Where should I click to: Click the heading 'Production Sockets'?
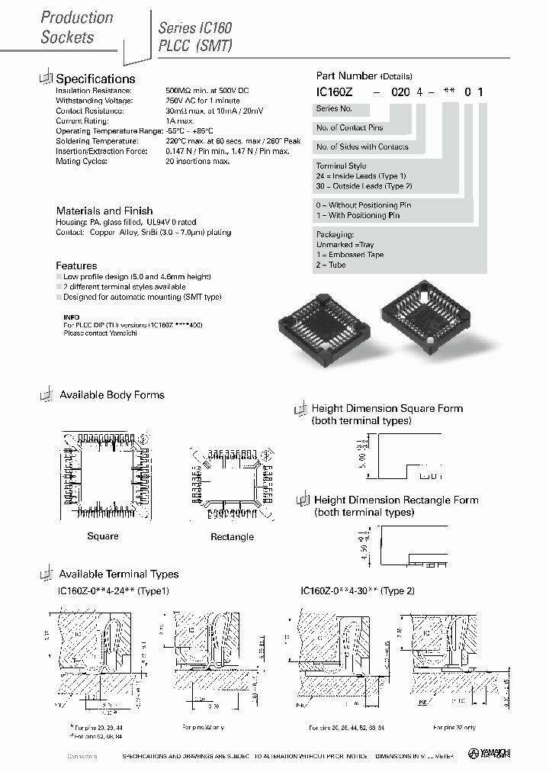[x=76, y=27]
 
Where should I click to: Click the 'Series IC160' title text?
[x=195, y=27]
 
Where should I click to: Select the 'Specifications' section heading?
[x=95, y=79]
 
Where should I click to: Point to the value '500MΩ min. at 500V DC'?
[x=207, y=91]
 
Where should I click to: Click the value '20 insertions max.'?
[x=197, y=162]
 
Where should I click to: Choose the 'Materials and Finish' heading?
[x=104, y=211]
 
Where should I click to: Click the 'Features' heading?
[x=76, y=265]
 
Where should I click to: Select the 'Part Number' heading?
[x=347, y=76]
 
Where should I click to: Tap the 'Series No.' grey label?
[x=333, y=109]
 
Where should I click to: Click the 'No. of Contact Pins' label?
[x=350, y=127]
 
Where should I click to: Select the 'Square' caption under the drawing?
[x=103, y=536]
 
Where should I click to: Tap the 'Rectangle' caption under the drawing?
[x=232, y=537]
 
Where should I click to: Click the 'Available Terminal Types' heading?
[x=119, y=574]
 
